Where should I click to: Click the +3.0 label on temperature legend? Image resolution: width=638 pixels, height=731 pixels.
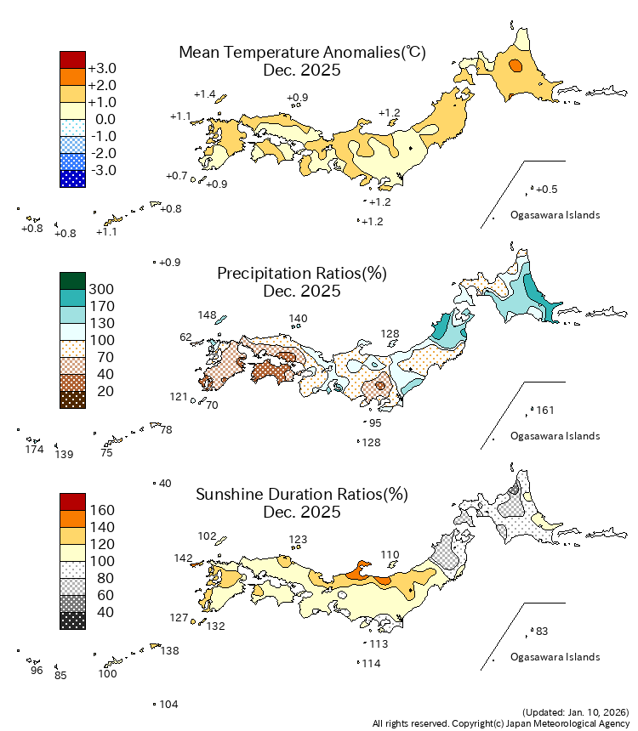pyautogui.click(x=103, y=68)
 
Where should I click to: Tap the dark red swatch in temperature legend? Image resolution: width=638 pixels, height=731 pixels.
pyautogui.click(x=72, y=59)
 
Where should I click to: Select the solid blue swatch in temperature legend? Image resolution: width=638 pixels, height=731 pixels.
pyautogui.click(x=72, y=178)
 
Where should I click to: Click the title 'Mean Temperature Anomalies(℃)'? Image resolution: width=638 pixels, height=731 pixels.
pyautogui.click(x=302, y=53)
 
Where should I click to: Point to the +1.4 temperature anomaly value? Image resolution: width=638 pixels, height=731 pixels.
pyautogui.click(x=204, y=94)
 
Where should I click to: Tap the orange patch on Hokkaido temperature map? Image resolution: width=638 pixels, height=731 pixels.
pyautogui.click(x=515, y=65)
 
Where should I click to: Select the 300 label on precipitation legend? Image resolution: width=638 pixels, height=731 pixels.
pyautogui.click(x=101, y=289)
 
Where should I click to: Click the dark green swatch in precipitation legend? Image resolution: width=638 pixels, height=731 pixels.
pyautogui.click(x=72, y=280)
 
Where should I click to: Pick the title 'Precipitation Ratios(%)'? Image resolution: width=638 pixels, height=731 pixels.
pyautogui.click(x=302, y=274)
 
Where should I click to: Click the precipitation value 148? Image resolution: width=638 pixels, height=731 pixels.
pyautogui.click(x=208, y=315)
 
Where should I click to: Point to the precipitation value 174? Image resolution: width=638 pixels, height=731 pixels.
pyautogui.click(x=35, y=449)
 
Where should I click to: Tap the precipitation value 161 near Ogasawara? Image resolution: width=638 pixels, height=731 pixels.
pyautogui.click(x=545, y=411)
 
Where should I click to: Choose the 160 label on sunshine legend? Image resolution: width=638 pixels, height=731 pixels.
pyautogui.click(x=101, y=510)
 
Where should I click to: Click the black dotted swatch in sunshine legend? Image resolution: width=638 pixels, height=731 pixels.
pyautogui.click(x=72, y=620)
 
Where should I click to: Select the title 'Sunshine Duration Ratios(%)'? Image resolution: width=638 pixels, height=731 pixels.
pyautogui.click(x=302, y=495)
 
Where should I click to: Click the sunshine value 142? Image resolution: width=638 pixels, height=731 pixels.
pyautogui.click(x=183, y=558)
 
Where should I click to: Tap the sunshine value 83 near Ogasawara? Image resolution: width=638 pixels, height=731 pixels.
pyautogui.click(x=542, y=632)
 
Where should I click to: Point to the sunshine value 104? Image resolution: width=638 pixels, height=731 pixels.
pyautogui.click(x=168, y=705)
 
